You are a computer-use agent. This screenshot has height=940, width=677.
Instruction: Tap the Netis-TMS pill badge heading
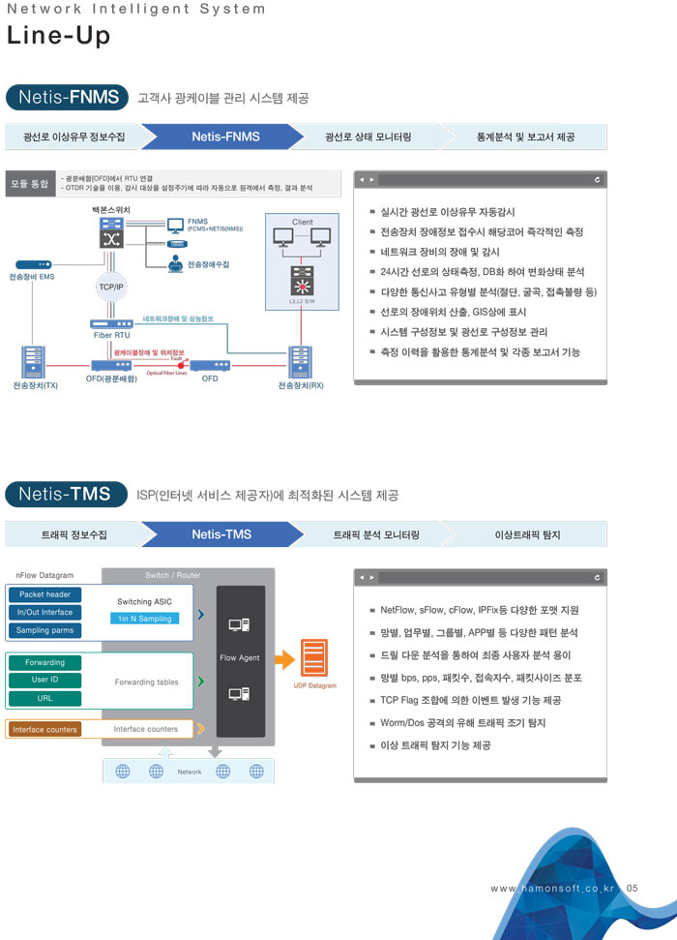click(66, 494)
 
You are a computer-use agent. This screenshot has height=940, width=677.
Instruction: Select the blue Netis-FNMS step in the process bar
click(225, 136)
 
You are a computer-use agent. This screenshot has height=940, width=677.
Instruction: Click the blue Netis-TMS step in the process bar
click(221, 534)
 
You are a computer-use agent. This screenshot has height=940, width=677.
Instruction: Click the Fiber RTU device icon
click(112, 324)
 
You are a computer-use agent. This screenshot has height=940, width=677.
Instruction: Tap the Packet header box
click(44, 594)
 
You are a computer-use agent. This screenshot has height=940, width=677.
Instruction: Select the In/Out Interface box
click(44, 612)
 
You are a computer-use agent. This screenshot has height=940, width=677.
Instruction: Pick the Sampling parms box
click(44, 630)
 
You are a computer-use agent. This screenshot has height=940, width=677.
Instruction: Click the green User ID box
click(44, 680)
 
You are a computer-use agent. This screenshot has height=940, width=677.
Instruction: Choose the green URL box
click(44, 697)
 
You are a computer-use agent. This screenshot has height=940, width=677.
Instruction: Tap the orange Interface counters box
click(44, 729)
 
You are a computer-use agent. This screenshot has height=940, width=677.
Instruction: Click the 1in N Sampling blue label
click(144, 618)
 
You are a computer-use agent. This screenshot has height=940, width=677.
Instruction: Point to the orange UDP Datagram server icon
click(314, 659)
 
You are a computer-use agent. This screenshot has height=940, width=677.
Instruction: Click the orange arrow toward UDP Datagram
click(283, 659)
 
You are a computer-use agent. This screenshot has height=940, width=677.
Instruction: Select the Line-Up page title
click(58, 36)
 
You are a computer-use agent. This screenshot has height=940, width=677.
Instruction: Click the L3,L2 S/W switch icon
click(303, 287)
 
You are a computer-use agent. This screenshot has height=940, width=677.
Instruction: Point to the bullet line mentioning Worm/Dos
click(463, 722)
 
